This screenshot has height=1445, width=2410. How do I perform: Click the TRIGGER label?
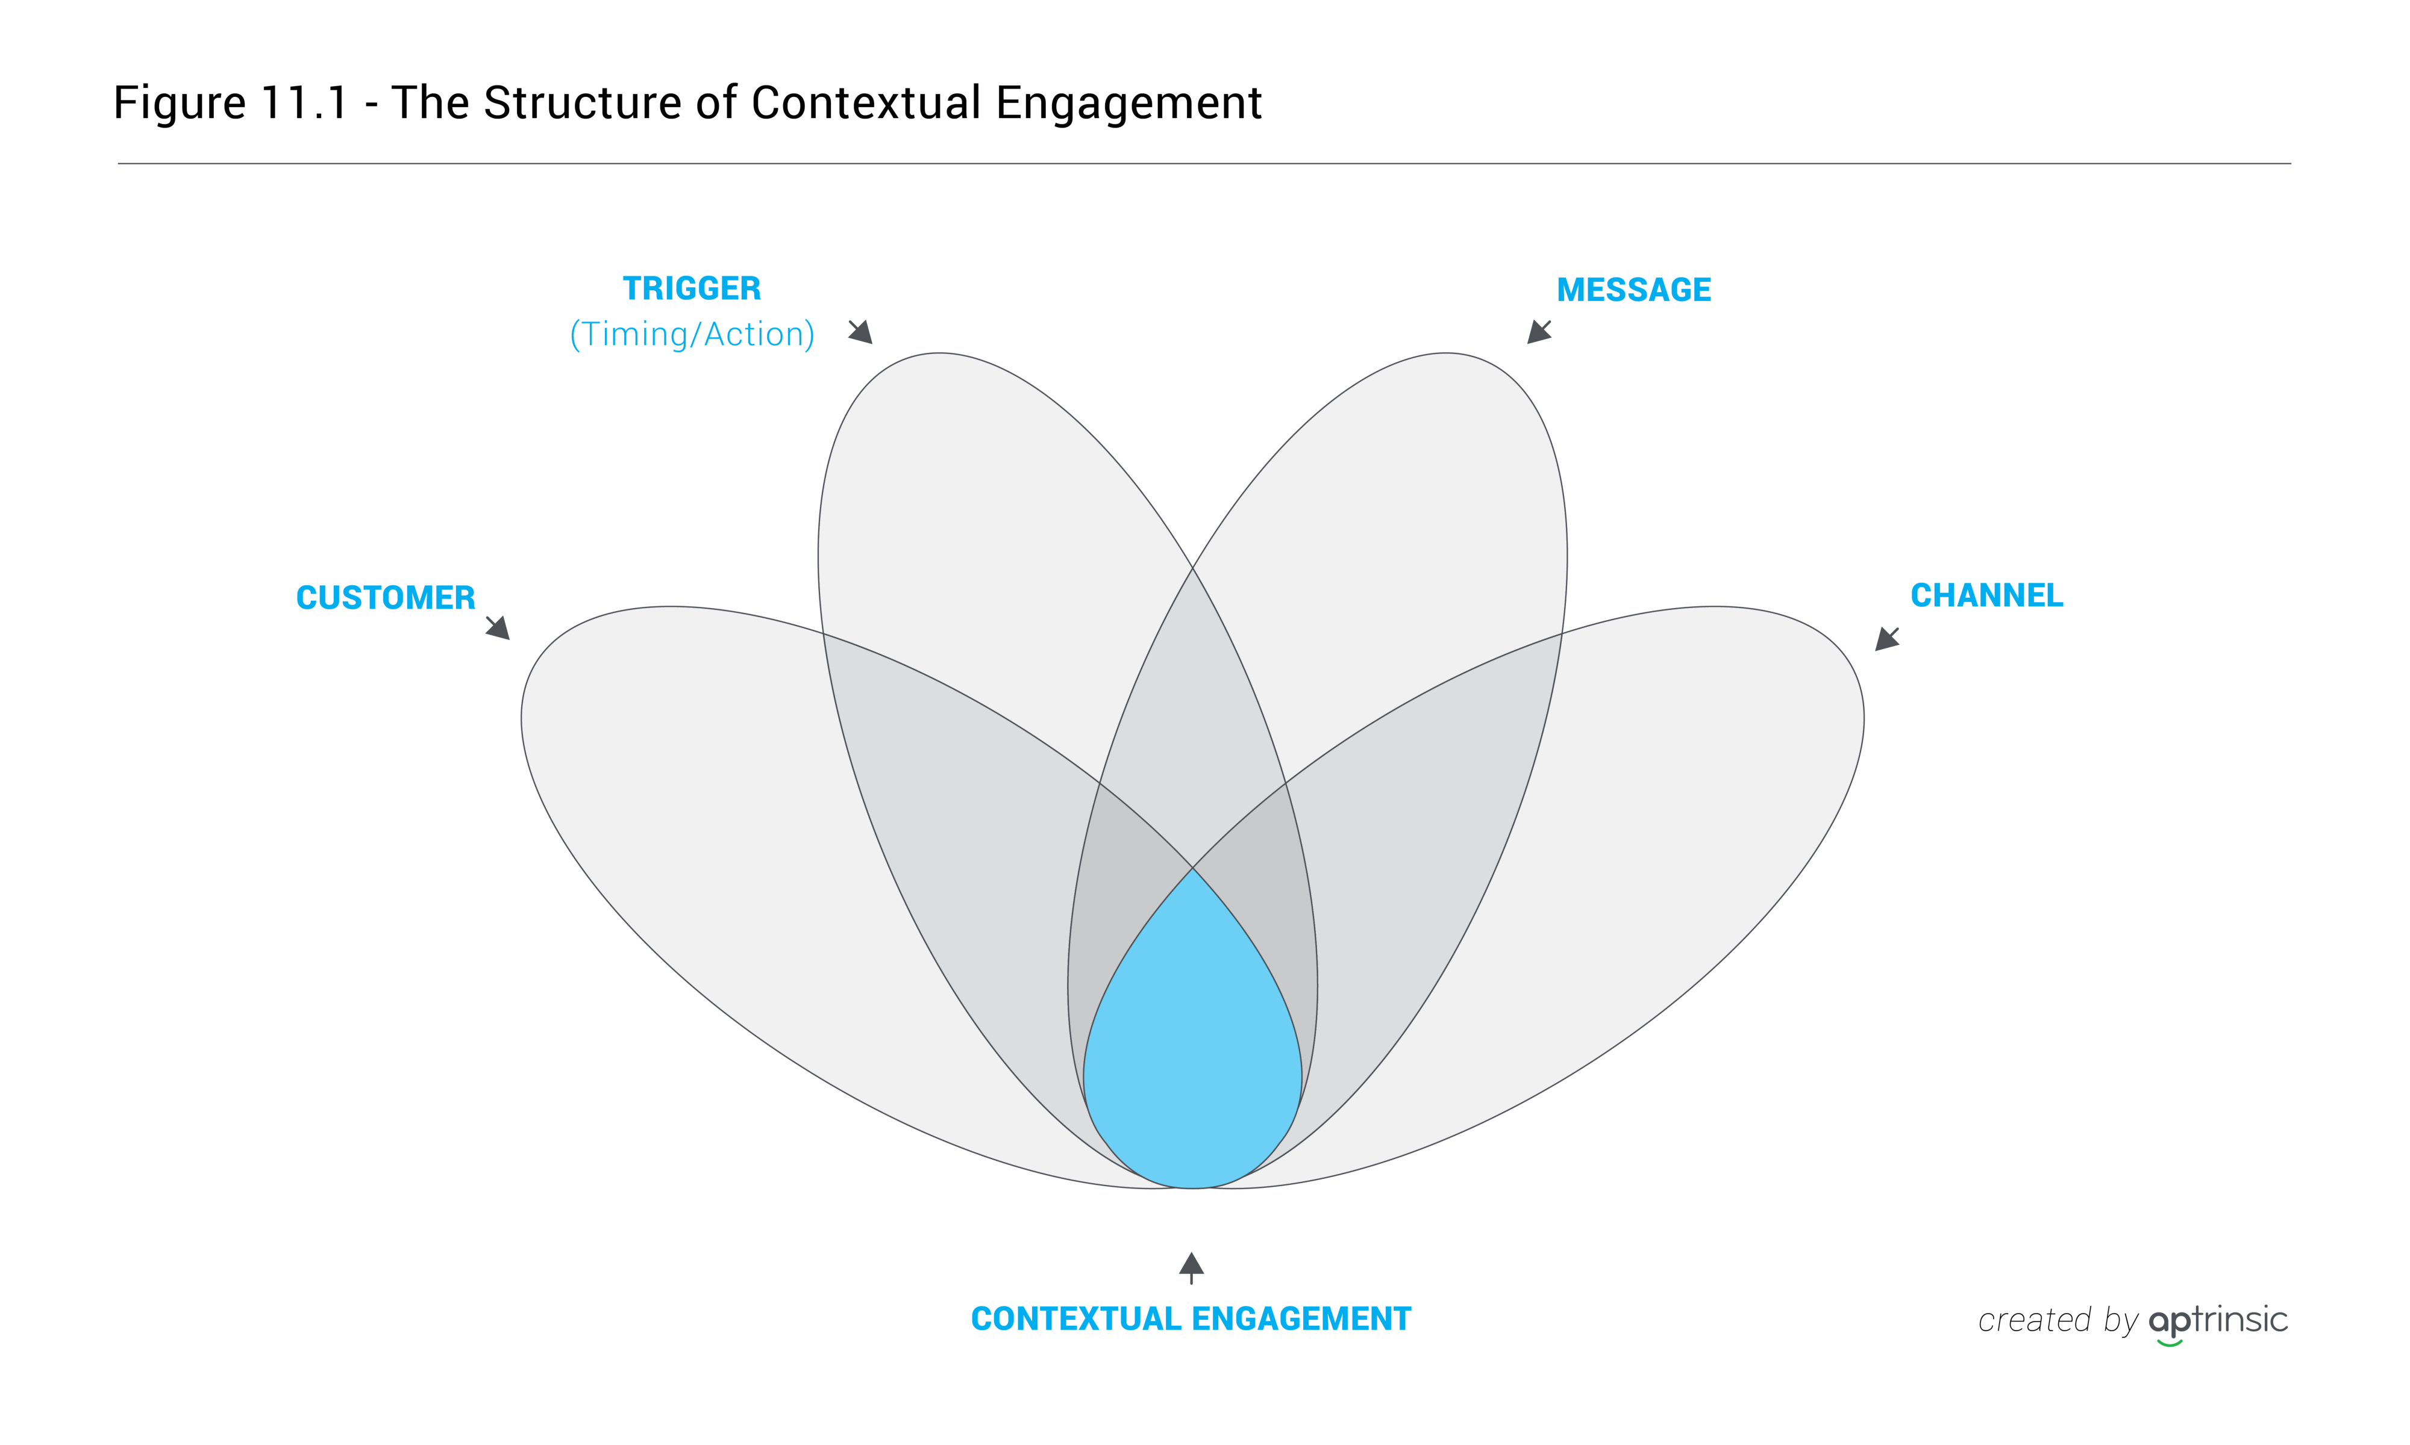[692, 288]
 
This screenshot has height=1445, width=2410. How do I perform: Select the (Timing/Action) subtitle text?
[692, 334]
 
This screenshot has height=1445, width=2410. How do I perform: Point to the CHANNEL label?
[1986, 595]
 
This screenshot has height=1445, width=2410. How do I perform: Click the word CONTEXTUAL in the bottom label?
[1075, 1319]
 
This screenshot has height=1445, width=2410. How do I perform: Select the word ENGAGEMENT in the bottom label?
[1301, 1319]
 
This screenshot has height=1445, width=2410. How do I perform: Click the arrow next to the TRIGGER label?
[860, 332]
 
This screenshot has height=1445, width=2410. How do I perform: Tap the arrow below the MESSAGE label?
[1539, 332]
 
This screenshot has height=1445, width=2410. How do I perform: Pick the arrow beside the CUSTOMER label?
[498, 628]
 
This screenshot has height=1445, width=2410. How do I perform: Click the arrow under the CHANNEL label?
[1887, 639]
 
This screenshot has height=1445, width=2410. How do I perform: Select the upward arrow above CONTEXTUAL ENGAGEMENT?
[1191, 1268]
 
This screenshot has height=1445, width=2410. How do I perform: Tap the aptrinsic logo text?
[2218, 1322]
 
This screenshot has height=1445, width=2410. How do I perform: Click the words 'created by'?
[2058, 1322]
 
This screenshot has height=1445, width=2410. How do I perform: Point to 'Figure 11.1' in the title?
[231, 103]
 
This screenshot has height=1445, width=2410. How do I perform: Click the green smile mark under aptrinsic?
[2170, 1344]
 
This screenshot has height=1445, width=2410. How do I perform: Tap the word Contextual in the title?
[866, 102]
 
